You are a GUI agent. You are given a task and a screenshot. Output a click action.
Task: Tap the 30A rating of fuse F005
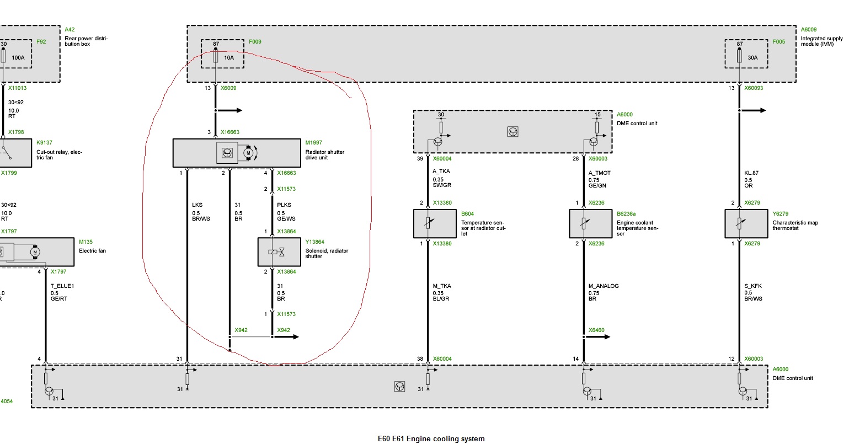tap(752, 57)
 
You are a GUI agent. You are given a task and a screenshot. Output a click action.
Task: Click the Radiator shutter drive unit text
tap(325, 154)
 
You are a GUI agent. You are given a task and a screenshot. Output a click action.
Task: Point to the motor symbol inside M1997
tap(248, 153)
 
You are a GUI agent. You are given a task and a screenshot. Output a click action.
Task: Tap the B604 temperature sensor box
tap(435, 223)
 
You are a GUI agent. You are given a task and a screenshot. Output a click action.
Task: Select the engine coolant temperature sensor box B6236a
tap(590, 223)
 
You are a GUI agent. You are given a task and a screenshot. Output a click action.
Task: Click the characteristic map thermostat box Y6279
tap(746, 223)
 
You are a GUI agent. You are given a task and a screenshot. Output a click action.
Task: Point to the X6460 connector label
tap(596, 330)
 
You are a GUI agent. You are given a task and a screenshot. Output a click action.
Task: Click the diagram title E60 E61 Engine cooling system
tap(431, 438)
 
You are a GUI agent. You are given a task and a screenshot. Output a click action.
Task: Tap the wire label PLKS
tap(284, 205)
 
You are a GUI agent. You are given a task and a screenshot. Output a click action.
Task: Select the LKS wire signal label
tap(197, 205)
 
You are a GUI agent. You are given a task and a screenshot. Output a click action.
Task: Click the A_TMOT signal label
tap(599, 173)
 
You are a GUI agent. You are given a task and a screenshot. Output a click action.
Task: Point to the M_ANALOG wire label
tap(604, 286)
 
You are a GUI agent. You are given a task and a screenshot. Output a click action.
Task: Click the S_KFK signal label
tap(752, 286)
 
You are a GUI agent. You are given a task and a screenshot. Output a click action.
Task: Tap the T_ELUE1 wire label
tap(62, 286)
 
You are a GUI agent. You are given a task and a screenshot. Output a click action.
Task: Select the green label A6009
tap(808, 30)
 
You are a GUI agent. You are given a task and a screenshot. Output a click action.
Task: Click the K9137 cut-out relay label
tap(44, 142)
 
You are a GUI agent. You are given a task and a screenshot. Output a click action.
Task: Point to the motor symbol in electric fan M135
tap(35, 252)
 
